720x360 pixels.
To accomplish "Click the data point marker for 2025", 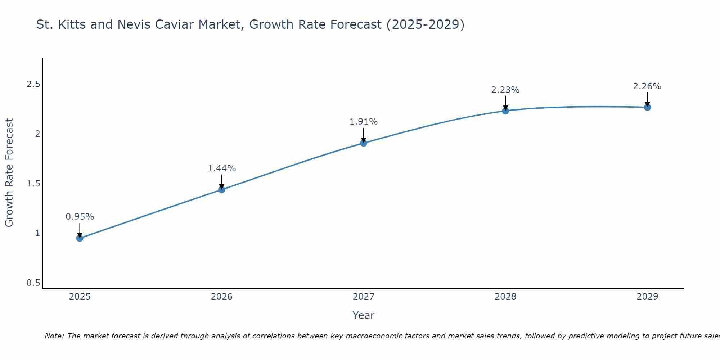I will (x=80, y=238).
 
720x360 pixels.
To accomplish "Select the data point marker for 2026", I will (x=222, y=189).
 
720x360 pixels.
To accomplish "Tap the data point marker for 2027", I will (x=364, y=143).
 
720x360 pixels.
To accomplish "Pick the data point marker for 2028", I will (x=505, y=111).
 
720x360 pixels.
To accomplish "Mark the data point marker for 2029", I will (x=647, y=107).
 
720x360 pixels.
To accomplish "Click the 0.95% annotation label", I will (x=80, y=217).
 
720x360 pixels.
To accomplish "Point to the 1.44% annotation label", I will (x=222, y=168).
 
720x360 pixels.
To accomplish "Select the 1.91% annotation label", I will (x=364, y=122).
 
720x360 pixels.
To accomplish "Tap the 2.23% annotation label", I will (x=505, y=90).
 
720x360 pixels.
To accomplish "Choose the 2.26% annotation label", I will (x=647, y=86).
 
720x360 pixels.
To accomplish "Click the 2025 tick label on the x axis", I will (x=80, y=297).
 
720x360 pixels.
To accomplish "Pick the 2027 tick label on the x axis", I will (x=364, y=297).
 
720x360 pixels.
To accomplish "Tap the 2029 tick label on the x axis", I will (x=647, y=297).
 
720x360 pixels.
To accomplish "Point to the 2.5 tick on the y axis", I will (x=33, y=84).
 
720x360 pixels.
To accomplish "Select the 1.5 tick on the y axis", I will (x=33, y=184).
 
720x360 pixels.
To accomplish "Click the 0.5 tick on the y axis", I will (x=33, y=283).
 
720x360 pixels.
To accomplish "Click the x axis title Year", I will (x=364, y=315).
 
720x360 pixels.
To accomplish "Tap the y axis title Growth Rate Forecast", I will (x=9, y=172).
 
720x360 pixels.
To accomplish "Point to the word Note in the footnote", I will (x=54, y=336).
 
